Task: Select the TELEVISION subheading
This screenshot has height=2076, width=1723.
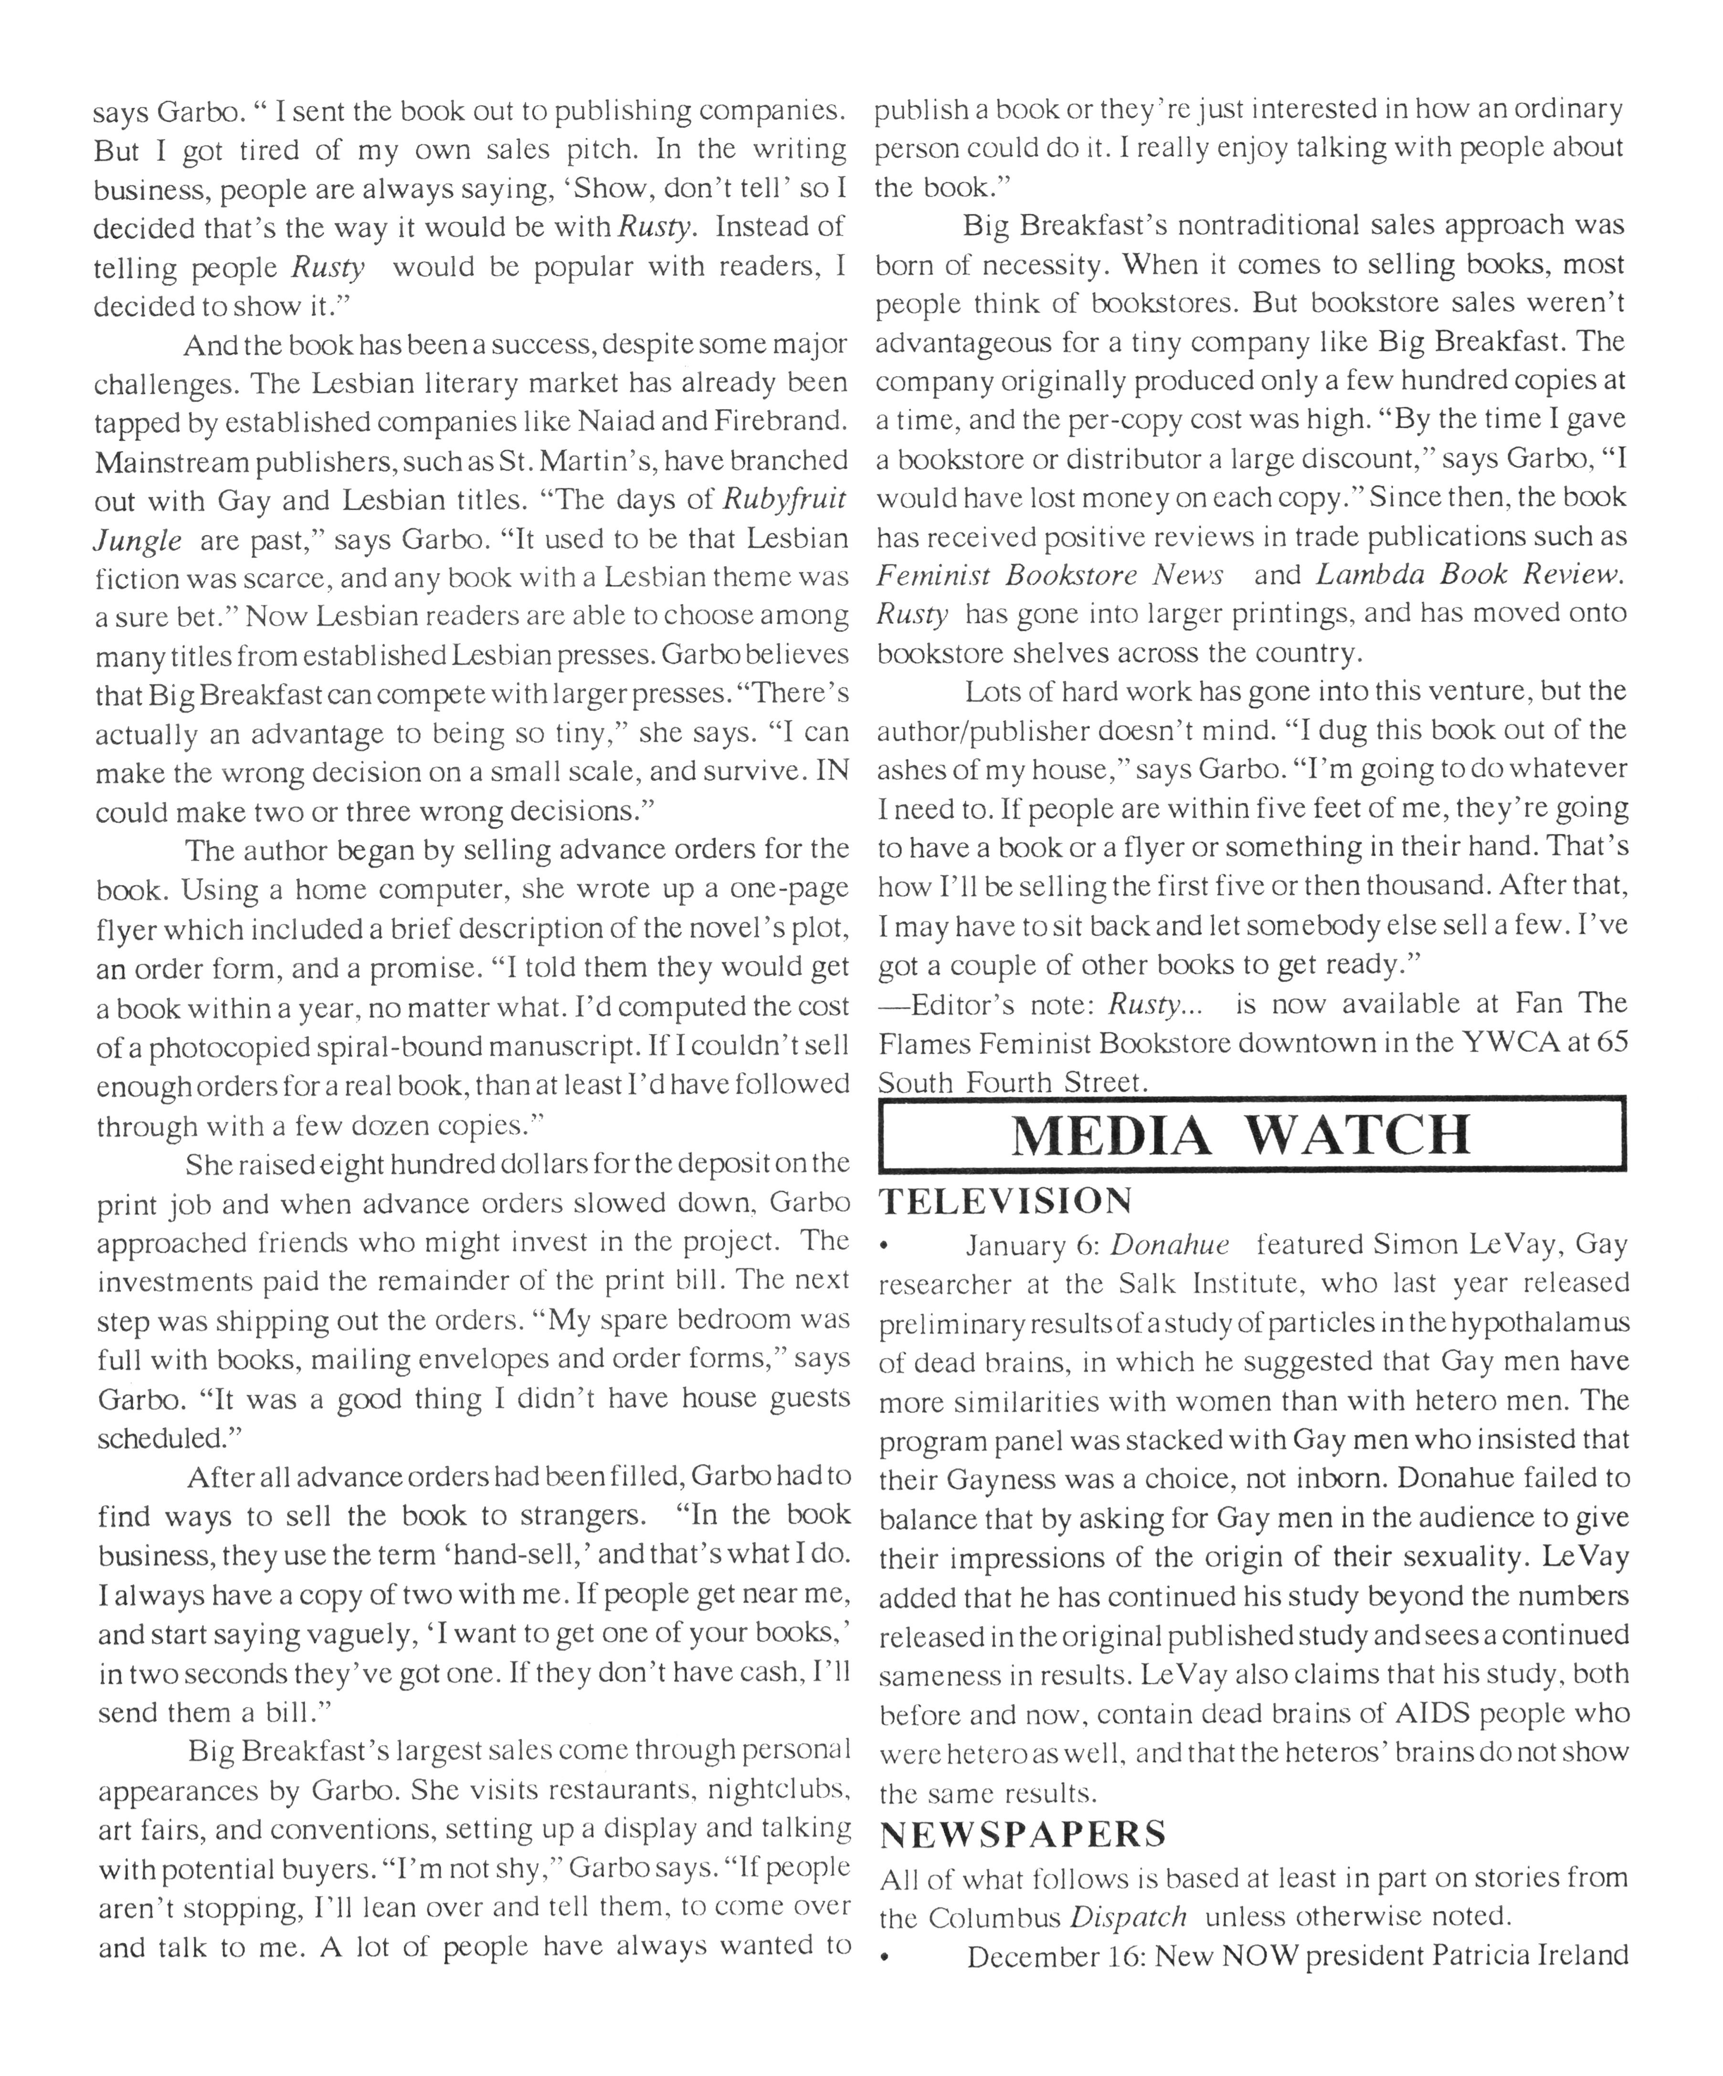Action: click(1005, 1201)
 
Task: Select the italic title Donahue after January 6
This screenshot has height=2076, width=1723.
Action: click(1169, 1244)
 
